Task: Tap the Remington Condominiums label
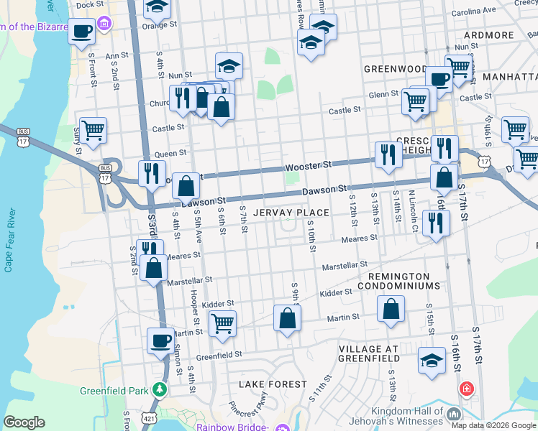[x=403, y=281]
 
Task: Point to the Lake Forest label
[x=273, y=384]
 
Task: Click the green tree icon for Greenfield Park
[x=159, y=390]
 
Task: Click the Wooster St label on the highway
[x=308, y=165]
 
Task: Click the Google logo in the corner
[x=24, y=422]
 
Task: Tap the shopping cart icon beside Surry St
[x=94, y=130]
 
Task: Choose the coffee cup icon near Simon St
[x=160, y=340]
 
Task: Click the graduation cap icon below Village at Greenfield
[x=431, y=361]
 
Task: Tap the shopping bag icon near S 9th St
[x=287, y=318]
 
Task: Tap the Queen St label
[x=170, y=153]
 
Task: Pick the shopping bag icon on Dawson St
[x=186, y=185]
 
